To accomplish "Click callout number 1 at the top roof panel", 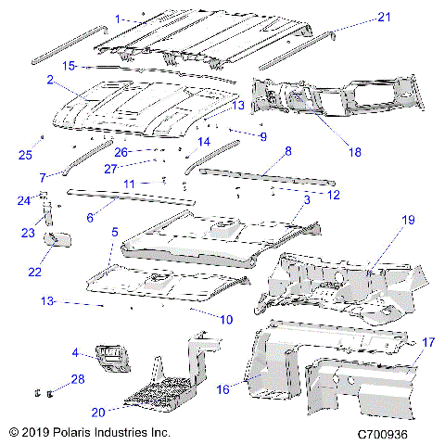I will point(118,19).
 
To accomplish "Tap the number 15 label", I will point(68,66).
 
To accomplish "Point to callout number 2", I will point(48,81).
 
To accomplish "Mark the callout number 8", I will point(288,150).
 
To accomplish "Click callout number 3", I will point(307,199).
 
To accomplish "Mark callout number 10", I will point(225,319).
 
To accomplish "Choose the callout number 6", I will point(90,217).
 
